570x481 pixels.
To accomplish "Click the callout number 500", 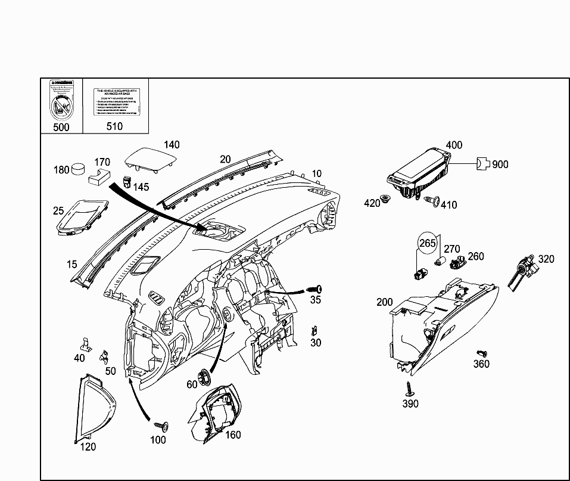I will [61, 126].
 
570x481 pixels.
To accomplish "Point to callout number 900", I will [500, 164].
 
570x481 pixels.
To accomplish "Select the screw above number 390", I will [409, 388].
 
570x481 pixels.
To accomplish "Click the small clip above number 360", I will [481, 353].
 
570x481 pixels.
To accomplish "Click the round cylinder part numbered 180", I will [78, 169].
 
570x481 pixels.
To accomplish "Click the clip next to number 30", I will [314, 330].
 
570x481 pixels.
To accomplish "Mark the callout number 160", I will [233, 435].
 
